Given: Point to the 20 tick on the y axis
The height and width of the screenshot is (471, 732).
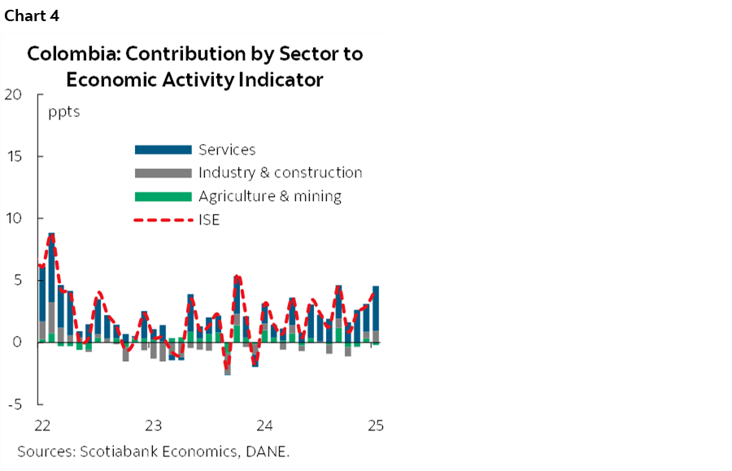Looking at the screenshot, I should (x=13, y=94).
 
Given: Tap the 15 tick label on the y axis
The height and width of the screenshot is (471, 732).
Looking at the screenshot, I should (x=13, y=156).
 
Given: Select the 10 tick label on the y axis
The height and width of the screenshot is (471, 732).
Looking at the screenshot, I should (x=13, y=218).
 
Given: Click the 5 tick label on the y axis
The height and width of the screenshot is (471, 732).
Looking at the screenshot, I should (x=17, y=280).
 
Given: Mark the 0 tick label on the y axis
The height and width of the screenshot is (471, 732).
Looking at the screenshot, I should (x=17, y=342).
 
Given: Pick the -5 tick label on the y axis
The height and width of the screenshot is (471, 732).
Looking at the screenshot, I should (x=14, y=404).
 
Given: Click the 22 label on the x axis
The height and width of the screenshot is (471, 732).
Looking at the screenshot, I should (x=43, y=425).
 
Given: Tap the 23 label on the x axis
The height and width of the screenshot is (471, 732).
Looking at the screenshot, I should (x=153, y=425).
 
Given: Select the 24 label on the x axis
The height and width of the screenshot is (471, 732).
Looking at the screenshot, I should (x=264, y=425).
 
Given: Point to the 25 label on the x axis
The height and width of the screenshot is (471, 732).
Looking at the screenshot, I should (x=374, y=425).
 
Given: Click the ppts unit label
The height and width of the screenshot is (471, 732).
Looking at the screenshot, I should (x=64, y=112).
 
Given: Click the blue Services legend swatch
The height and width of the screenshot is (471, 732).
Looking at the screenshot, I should (x=163, y=150).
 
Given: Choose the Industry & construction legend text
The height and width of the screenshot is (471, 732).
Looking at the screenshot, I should (x=280, y=172).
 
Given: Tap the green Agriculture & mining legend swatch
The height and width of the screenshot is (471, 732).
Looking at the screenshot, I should (x=163, y=196).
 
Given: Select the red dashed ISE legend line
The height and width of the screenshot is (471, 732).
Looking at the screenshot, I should (x=163, y=220).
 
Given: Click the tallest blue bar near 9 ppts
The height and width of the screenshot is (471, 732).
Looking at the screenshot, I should (x=51, y=268).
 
